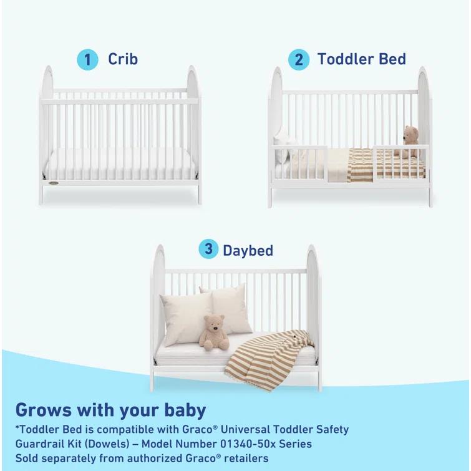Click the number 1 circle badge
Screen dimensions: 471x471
click(x=88, y=59)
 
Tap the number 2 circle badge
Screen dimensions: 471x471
click(x=298, y=60)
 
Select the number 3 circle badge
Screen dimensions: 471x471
click(x=208, y=250)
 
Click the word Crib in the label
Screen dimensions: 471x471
click(x=123, y=59)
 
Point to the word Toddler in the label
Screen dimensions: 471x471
click(x=346, y=59)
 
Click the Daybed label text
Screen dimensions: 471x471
click(x=248, y=251)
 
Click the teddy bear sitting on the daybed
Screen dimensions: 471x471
click(x=214, y=332)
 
